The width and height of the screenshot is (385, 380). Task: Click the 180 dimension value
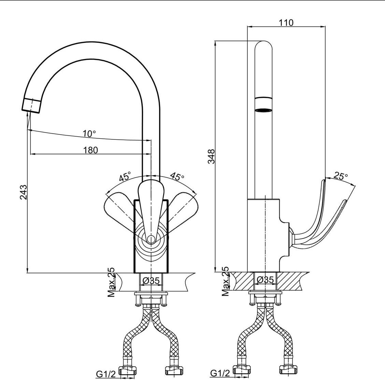pyautogui.click(x=90, y=150)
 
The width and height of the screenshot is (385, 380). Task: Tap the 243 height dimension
pyautogui.click(x=23, y=193)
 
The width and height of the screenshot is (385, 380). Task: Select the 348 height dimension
pyautogui.click(x=212, y=156)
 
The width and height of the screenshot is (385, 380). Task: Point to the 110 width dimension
pyautogui.click(x=286, y=22)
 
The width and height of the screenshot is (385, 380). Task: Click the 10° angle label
pyautogui.click(x=89, y=134)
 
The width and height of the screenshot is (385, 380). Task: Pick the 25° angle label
pyautogui.click(x=341, y=176)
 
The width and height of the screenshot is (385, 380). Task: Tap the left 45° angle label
pyautogui.click(x=125, y=177)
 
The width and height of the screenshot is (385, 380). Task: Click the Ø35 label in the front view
pyautogui.click(x=151, y=280)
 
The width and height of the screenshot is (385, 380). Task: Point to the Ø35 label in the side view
pyautogui.click(x=265, y=280)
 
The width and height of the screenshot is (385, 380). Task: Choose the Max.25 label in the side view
pyautogui.click(x=226, y=282)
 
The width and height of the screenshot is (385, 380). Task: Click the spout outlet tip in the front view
pyautogui.click(x=31, y=105)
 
